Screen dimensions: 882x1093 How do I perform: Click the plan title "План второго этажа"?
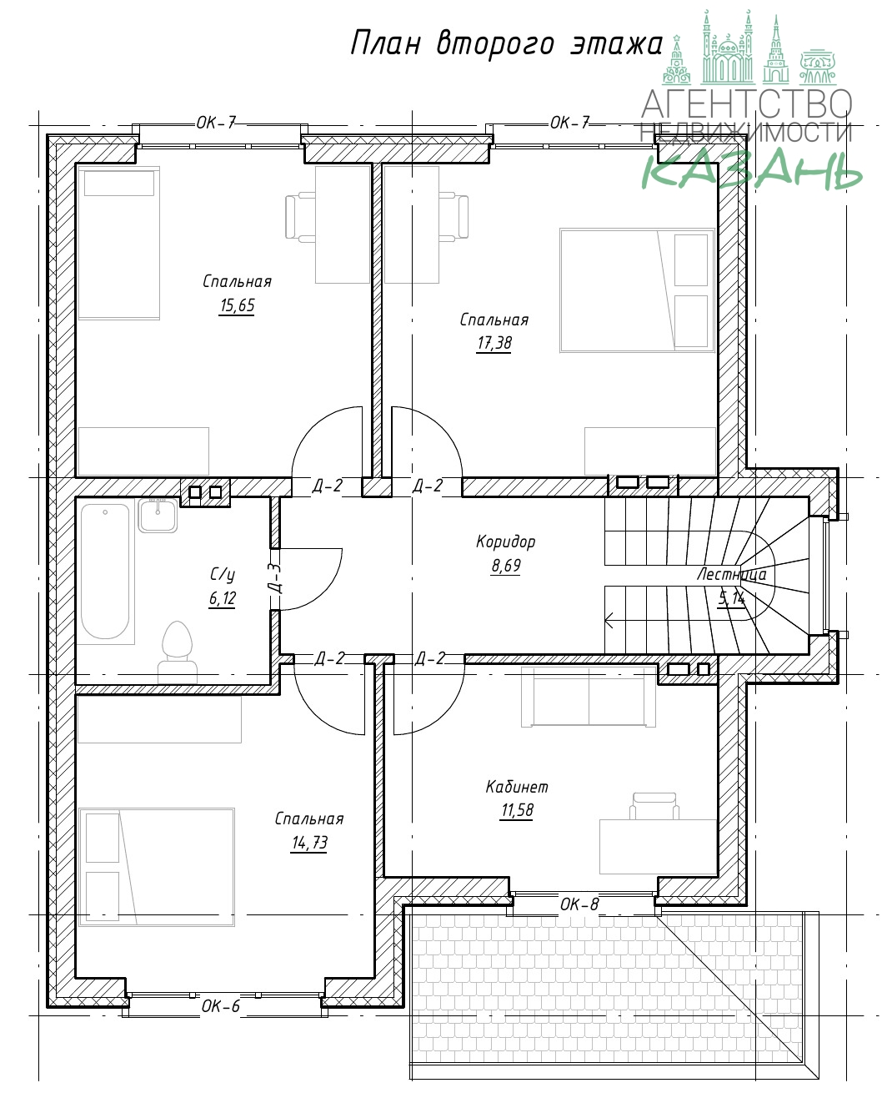point(507,44)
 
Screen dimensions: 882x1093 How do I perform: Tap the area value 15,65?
point(237,305)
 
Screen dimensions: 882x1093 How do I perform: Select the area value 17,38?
point(494,343)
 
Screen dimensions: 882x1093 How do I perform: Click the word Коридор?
point(506,541)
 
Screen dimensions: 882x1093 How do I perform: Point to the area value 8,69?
point(506,566)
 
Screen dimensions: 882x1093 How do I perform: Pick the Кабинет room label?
point(517,787)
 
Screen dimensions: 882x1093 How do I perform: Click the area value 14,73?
point(310,843)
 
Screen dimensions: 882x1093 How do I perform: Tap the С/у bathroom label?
point(222,574)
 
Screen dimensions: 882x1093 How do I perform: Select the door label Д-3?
point(276,578)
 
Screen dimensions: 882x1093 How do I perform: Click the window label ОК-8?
point(579,904)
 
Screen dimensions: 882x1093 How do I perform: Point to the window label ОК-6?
point(220,1006)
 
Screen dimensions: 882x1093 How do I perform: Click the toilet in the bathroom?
point(177,652)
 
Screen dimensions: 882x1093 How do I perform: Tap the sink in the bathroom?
point(158,515)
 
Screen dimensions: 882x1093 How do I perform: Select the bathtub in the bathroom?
point(106,571)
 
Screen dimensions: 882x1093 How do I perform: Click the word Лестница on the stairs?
point(731,575)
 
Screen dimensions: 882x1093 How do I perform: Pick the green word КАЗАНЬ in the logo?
point(752,169)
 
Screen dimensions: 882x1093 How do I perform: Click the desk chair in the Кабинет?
point(654,806)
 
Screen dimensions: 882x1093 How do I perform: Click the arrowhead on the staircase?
point(609,621)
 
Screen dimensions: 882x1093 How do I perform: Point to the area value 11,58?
point(517,810)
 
